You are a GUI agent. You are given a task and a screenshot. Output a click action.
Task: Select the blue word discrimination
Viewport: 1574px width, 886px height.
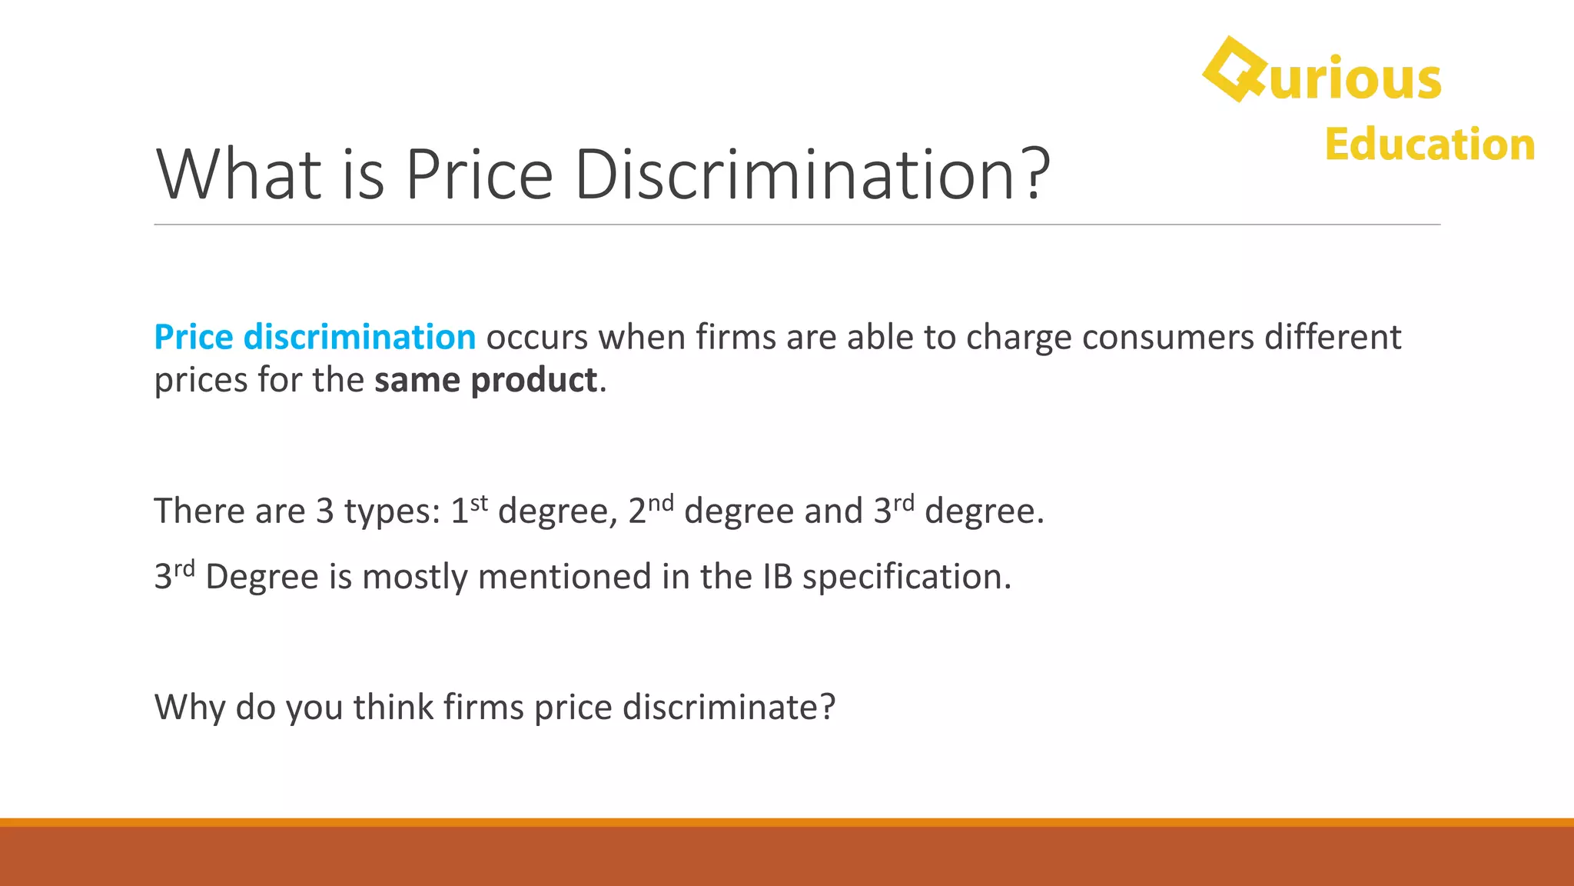pos(359,338)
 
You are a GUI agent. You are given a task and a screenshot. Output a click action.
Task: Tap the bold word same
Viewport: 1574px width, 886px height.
pos(417,380)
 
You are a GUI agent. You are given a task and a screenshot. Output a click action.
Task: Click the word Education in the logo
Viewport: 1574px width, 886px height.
pos(1430,145)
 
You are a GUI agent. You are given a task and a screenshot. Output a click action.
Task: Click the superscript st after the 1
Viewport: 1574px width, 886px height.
pos(479,503)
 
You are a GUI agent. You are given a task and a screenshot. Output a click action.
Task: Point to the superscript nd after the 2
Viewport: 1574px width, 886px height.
pos(660,503)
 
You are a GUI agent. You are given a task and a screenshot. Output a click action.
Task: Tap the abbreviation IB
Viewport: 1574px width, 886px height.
pos(777,577)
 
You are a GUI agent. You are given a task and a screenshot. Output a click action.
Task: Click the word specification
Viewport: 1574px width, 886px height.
pos(906,577)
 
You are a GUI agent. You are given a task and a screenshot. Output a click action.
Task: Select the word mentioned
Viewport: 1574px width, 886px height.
pos(564,577)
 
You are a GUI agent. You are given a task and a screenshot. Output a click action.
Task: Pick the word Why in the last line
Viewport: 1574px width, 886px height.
pos(190,708)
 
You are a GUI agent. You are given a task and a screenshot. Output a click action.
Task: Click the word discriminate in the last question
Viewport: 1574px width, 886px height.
pos(728,708)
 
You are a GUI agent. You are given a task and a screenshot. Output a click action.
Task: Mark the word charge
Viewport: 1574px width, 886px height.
pos(1018,338)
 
